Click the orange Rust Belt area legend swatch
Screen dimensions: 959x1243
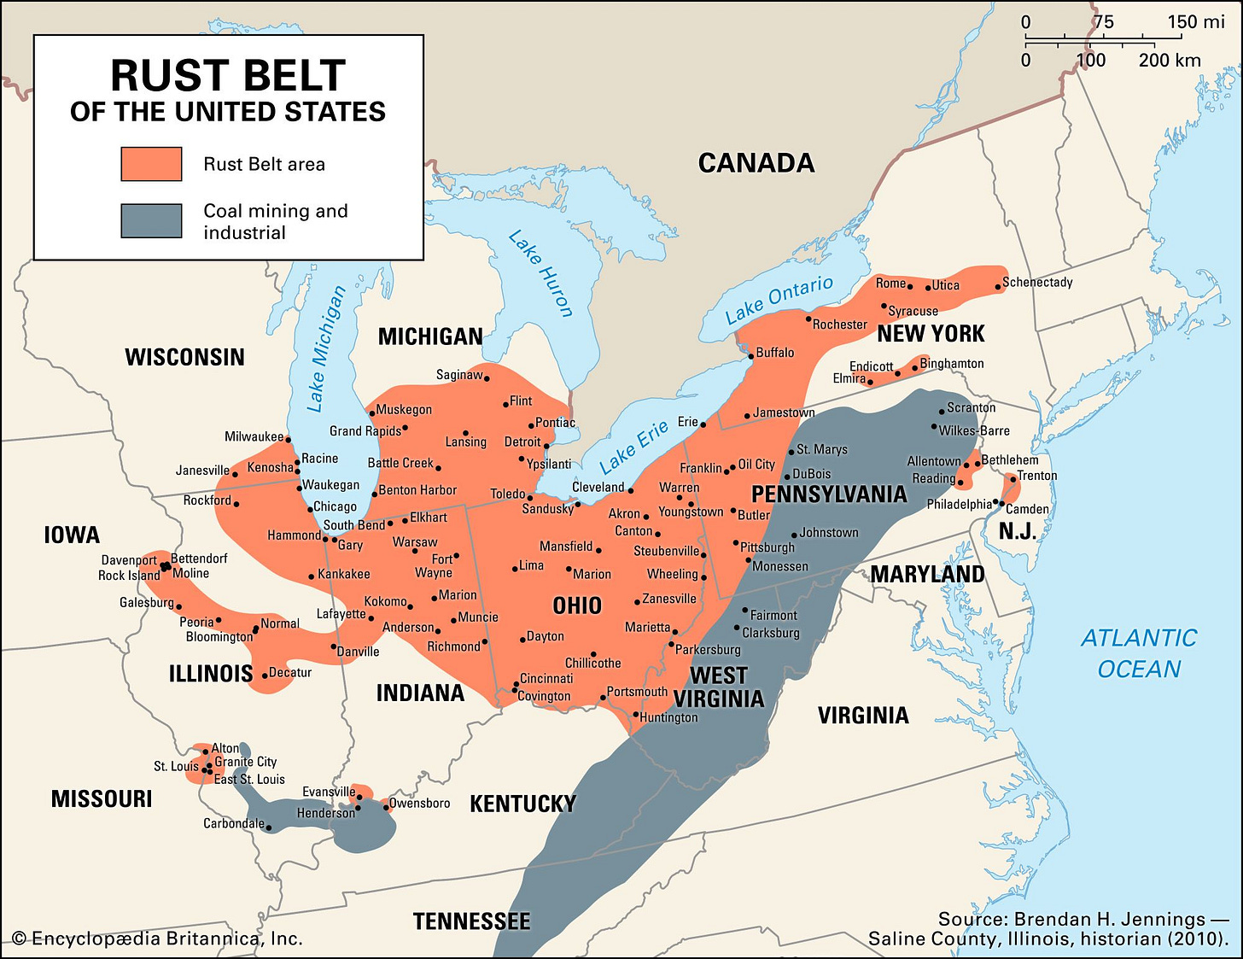(151, 164)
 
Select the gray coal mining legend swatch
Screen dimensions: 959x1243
(151, 220)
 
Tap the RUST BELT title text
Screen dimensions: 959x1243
(228, 76)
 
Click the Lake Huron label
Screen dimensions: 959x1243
(541, 273)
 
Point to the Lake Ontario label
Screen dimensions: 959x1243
(779, 300)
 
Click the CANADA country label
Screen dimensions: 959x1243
(756, 163)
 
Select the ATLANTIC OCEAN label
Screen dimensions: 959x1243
(1139, 653)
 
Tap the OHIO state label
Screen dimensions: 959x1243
(577, 606)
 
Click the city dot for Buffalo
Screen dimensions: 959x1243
(751, 356)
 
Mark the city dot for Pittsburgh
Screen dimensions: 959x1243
(736, 542)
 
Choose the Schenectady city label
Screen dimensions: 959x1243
(1037, 282)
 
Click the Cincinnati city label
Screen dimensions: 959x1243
(546, 678)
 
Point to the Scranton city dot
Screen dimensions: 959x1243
(942, 410)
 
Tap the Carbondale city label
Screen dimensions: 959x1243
(233, 824)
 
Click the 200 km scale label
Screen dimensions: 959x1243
(1169, 61)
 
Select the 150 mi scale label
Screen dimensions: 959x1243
(1195, 22)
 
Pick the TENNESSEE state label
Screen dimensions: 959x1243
(471, 921)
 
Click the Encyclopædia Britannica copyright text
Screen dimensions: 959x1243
(158, 939)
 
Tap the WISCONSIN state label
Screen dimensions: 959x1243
(184, 357)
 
